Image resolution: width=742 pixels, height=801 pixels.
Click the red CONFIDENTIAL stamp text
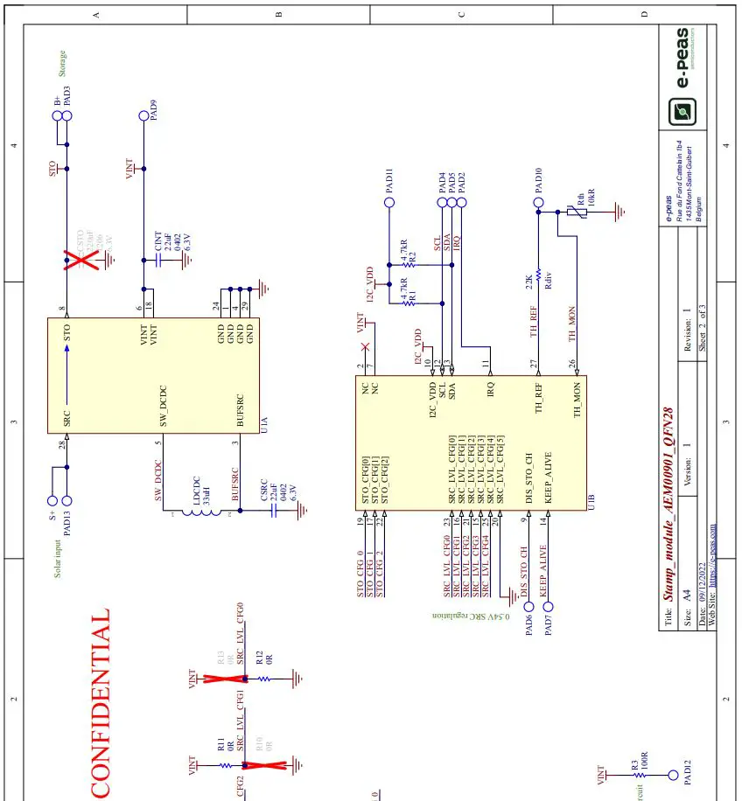click(101, 704)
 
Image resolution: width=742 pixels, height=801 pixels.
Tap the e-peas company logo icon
click(682, 112)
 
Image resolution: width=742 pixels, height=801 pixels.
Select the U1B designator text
click(592, 502)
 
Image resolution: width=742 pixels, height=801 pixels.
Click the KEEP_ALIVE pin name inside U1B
click(549, 477)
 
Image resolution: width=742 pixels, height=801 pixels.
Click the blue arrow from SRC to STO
click(66, 376)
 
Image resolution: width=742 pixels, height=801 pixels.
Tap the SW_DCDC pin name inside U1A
click(163, 407)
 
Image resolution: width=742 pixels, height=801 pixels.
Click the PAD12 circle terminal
click(673, 775)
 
